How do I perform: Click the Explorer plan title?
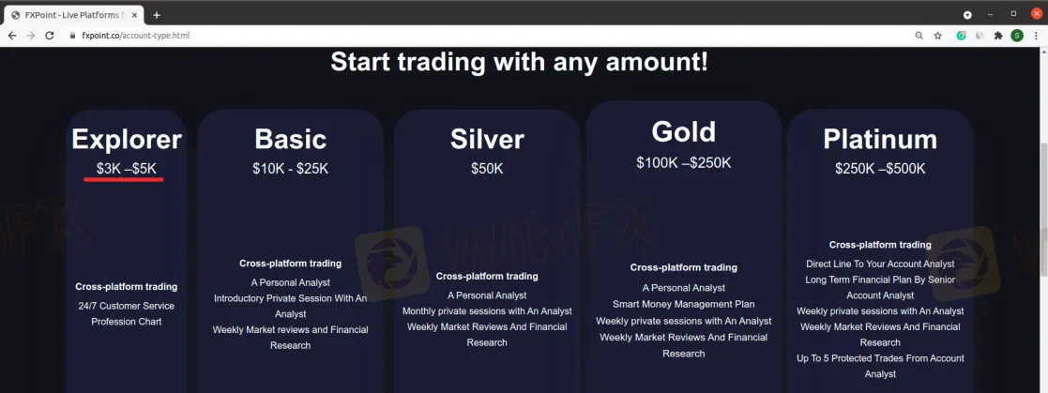[x=127, y=140]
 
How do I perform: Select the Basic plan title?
[x=290, y=140]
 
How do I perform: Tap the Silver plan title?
[x=487, y=140]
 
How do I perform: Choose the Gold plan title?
[x=683, y=132]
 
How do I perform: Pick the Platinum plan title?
[x=879, y=140]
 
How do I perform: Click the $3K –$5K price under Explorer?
[x=127, y=169]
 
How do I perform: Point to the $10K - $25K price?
[x=290, y=169]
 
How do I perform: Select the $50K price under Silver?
[x=487, y=169]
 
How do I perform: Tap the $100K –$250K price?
[x=683, y=162]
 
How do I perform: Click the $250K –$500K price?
[x=880, y=169]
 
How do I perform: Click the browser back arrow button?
[x=12, y=35]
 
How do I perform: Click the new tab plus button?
[x=157, y=14]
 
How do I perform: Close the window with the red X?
[x=1036, y=13]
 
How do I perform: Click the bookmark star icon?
[x=937, y=35]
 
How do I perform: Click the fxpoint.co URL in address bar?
[x=135, y=35]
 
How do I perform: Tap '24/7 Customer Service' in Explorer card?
[x=127, y=306]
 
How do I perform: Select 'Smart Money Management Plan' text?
[x=683, y=304]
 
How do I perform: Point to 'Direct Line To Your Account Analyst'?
[x=880, y=265]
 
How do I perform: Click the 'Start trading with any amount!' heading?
[x=519, y=63]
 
